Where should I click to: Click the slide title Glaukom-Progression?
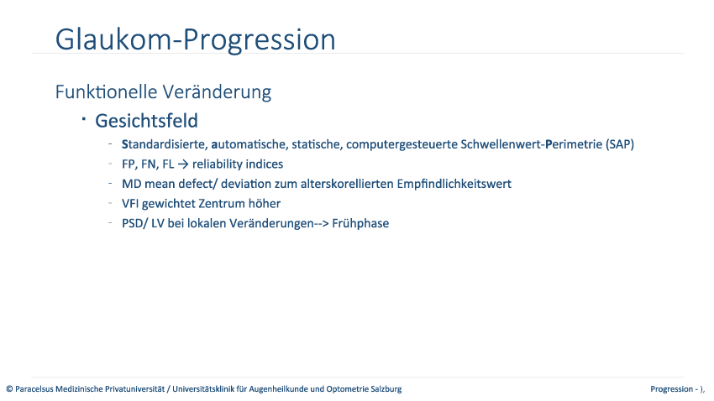click(196, 39)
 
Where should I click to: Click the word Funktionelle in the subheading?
click(106, 91)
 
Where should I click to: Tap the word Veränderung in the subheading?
click(217, 91)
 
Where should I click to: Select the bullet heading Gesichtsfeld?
click(146, 121)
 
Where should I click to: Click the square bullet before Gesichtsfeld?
click(84, 119)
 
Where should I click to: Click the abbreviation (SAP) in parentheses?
click(620, 144)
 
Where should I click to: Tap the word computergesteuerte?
click(402, 144)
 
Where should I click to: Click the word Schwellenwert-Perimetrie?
click(532, 144)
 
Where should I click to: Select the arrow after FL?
click(182, 164)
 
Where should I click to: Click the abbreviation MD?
click(131, 184)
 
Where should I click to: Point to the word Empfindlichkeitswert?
click(454, 184)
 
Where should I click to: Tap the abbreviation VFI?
click(129, 204)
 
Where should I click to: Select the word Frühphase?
click(360, 223)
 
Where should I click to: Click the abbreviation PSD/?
click(134, 224)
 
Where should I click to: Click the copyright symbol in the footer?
click(9, 389)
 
